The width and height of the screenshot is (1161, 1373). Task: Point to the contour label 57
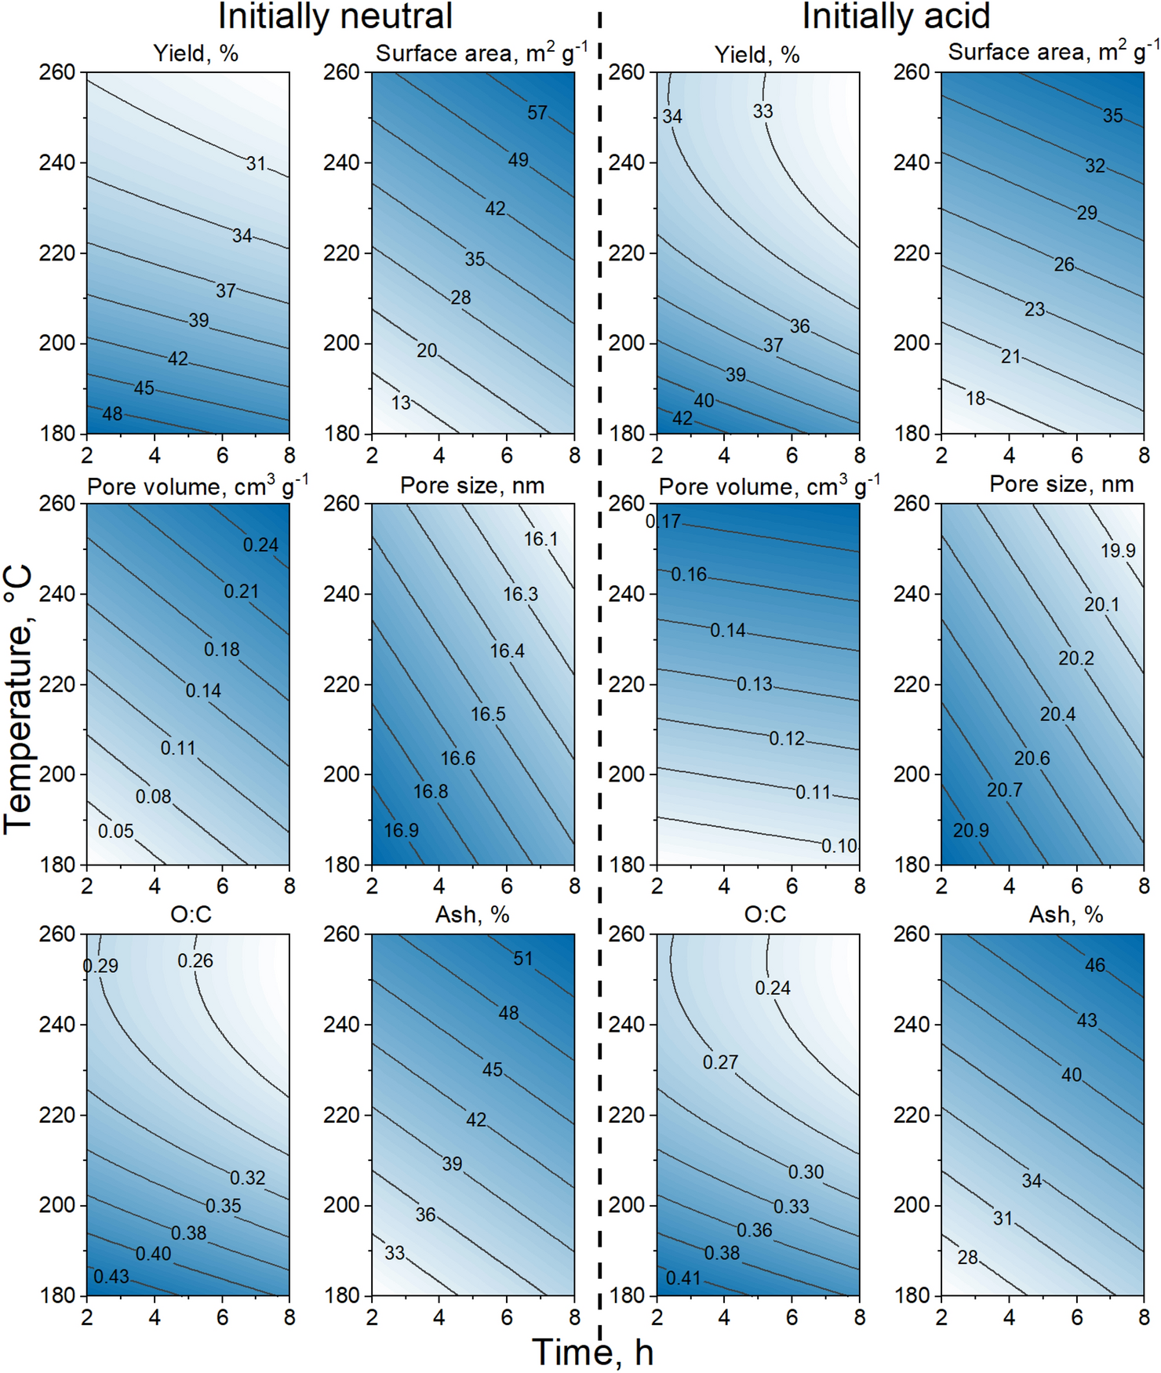537,113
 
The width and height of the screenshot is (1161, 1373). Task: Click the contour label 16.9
402,830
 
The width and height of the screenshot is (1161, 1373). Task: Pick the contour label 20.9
971,830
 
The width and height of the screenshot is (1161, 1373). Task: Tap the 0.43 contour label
111,1276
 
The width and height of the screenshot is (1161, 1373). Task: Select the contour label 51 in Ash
523,958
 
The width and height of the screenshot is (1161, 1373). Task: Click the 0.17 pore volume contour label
664,521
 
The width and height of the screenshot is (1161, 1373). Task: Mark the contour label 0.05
116,831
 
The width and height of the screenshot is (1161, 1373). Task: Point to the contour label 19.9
1118,551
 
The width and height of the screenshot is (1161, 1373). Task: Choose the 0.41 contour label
683,1278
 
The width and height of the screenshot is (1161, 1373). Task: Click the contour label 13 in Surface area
402,402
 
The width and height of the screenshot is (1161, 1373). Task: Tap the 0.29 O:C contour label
101,966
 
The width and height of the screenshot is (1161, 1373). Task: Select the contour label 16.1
540,539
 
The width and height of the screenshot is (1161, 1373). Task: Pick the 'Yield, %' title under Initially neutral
195,53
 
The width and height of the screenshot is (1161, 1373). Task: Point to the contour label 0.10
839,846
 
